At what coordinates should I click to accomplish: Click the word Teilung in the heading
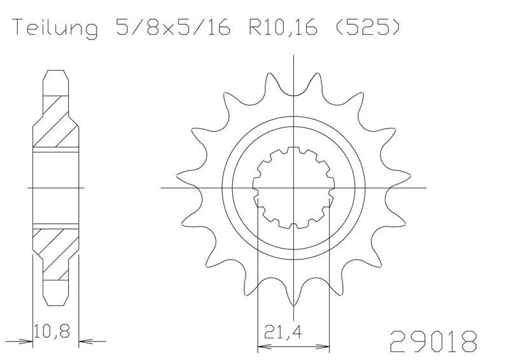[x=55, y=28]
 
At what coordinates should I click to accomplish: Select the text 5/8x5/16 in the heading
[x=173, y=27]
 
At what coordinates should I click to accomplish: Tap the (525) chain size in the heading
[x=367, y=27]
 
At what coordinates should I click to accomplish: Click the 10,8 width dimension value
[x=52, y=330]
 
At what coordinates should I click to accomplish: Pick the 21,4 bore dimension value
[x=282, y=332]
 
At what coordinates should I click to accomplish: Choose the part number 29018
[x=434, y=341]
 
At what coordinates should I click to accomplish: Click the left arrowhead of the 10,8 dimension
[x=27, y=341]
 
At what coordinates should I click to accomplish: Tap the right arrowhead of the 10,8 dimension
[x=85, y=341]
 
